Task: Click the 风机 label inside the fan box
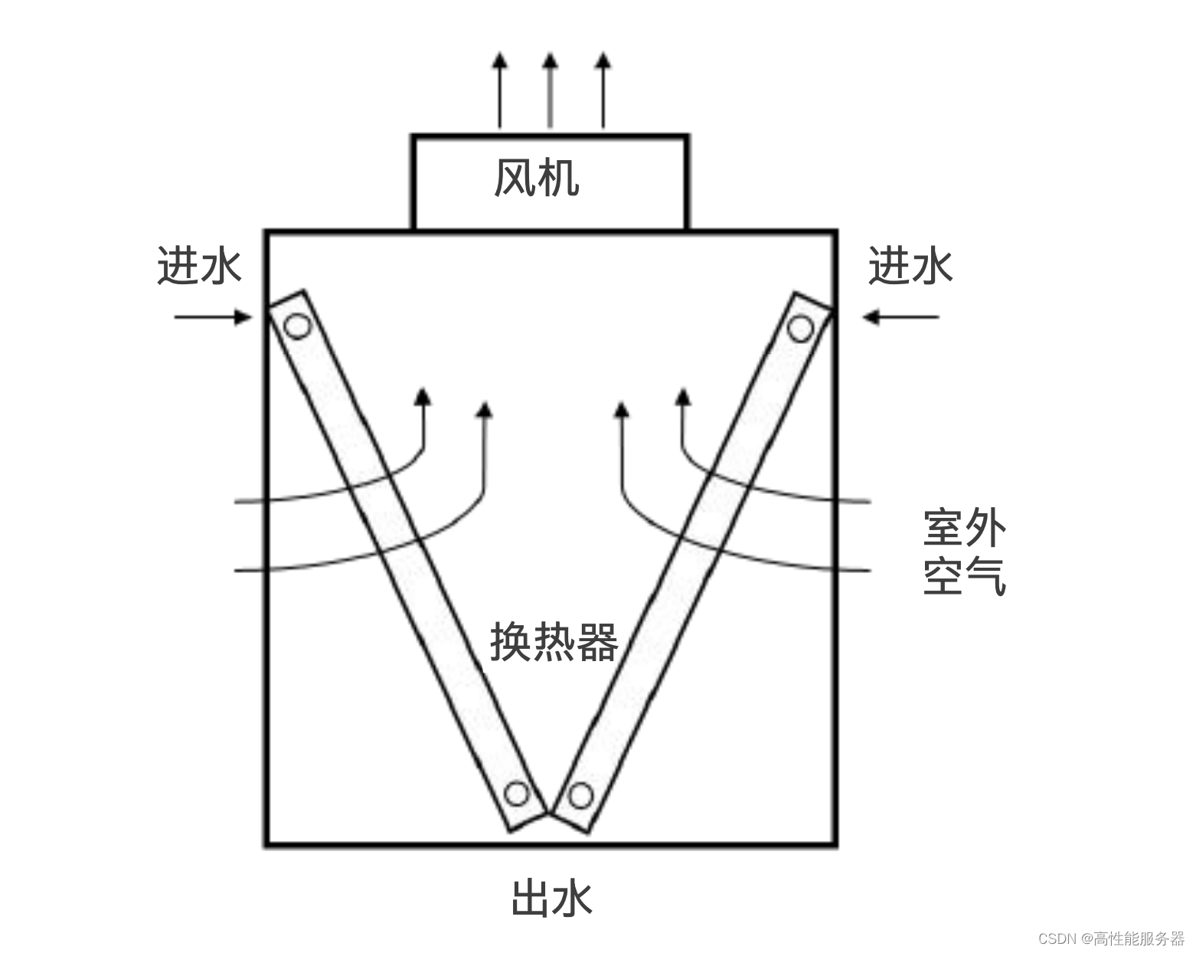coord(536,179)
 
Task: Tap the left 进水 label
coord(199,267)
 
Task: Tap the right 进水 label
coord(910,267)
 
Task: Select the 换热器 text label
coord(554,642)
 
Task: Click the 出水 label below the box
coord(551,899)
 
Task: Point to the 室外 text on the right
coord(965,528)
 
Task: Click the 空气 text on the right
coord(965,576)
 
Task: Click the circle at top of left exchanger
coord(296,327)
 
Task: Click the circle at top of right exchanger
coord(800,329)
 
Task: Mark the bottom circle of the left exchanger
coord(518,794)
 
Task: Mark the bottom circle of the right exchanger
coord(580,796)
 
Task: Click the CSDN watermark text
coord(1111,938)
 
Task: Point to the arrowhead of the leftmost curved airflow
coord(422,397)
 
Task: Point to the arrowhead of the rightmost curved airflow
coord(683,397)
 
